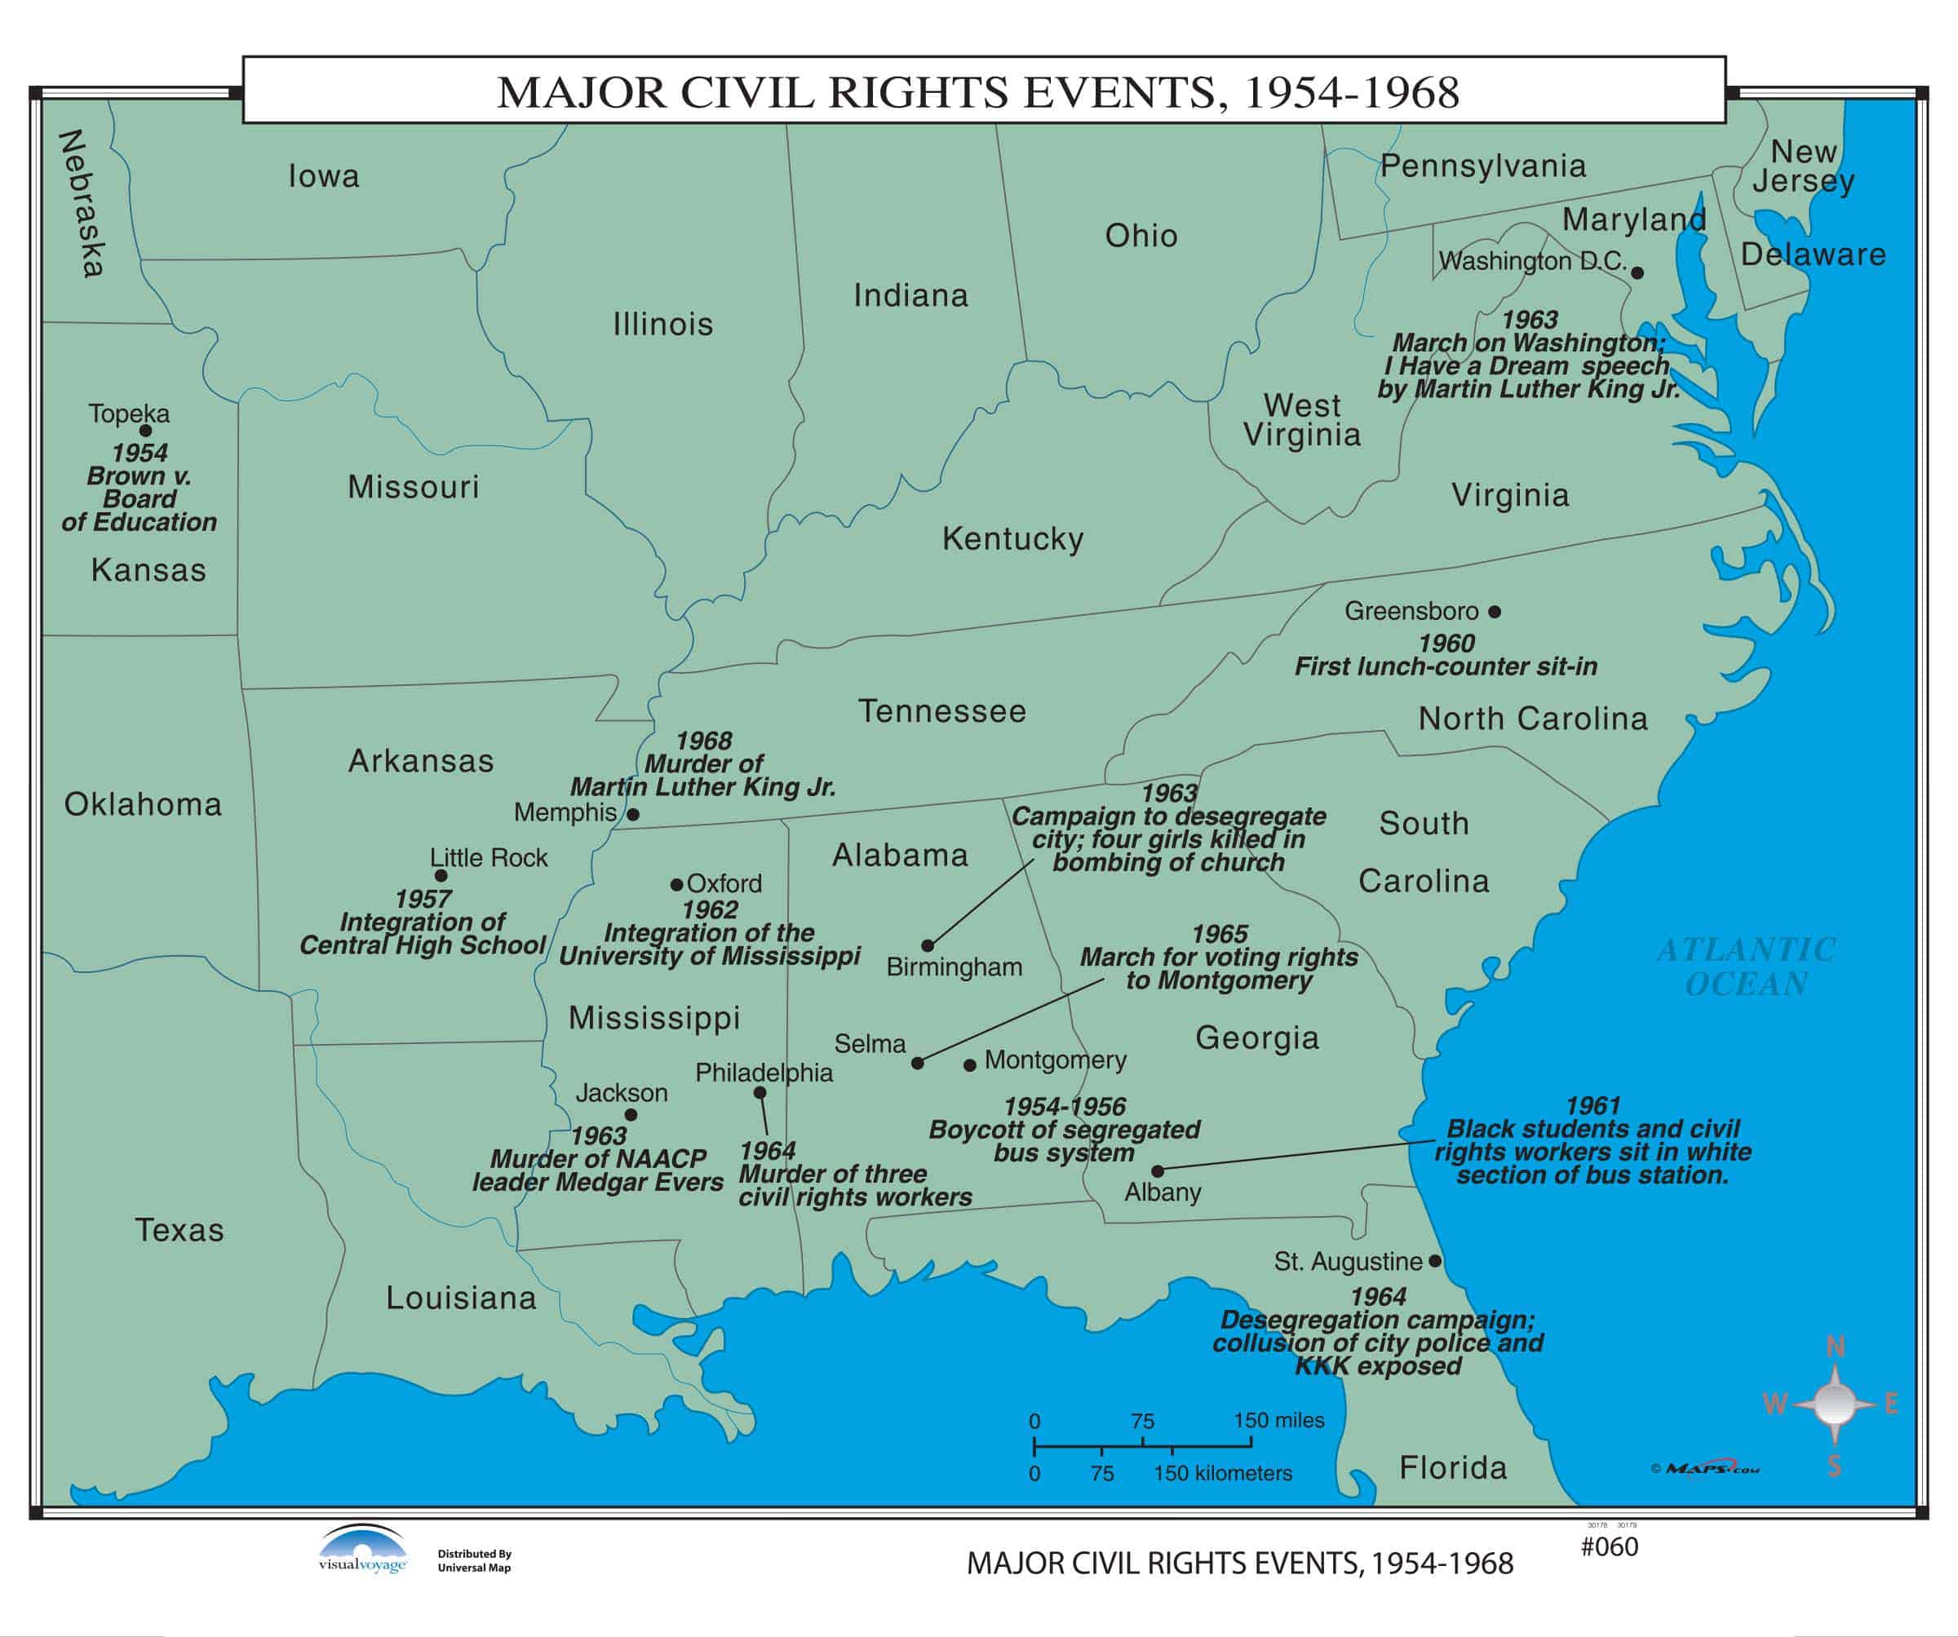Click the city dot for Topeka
point(145,431)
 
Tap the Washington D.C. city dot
point(1637,273)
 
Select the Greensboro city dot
point(1495,612)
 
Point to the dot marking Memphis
point(633,814)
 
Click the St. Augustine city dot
point(1435,1261)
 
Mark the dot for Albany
point(1157,1171)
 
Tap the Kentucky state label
point(1012,539)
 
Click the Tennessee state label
point(941,711)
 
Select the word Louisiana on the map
point(462,1298)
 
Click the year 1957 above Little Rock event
point(423,899)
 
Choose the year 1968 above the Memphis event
point(704,741)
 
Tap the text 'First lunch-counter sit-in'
point(1445,666)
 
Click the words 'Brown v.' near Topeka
point(140,476)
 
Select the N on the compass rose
point(1835,1346)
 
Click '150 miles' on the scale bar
point(1278,1420)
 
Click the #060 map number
point(1610,1546)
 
